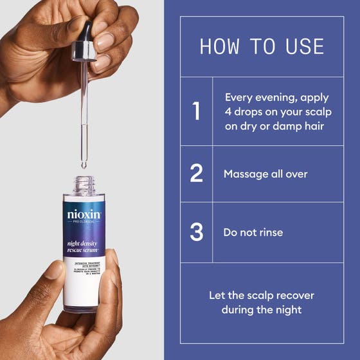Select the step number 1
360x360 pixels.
click(197, 112)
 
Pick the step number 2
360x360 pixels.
click(197, 174)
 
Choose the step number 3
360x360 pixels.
click(197, 232)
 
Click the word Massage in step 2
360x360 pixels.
click(246, 174)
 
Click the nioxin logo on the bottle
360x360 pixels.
click(84, 215)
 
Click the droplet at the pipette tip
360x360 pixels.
click(82, 166)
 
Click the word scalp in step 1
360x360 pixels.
click(312, 112)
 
